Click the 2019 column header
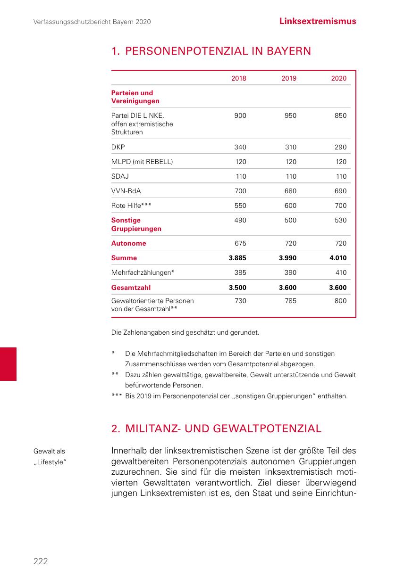coord(289,79)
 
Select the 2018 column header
coord(239,79)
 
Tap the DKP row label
coord(118,147)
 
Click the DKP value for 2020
coord(340,147)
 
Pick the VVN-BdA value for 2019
coord(290,191)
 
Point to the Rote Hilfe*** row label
coord(131,206)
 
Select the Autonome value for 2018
coord(240,243)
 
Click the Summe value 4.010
coord(337,258)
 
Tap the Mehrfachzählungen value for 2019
coord(290,272)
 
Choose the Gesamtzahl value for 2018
coord(237,288)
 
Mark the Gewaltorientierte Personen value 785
coord(290,301)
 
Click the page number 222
coord(41,561)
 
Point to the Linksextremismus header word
coord(318,21)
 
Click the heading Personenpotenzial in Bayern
coord(211,51)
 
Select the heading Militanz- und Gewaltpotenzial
coord(216,428)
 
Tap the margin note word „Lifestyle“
coord(50,462)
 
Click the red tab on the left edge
coord(8,364)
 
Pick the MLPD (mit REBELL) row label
coord(142,162)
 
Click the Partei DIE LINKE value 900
coord(240,115)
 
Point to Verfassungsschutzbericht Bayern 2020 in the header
coord(93,22)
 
